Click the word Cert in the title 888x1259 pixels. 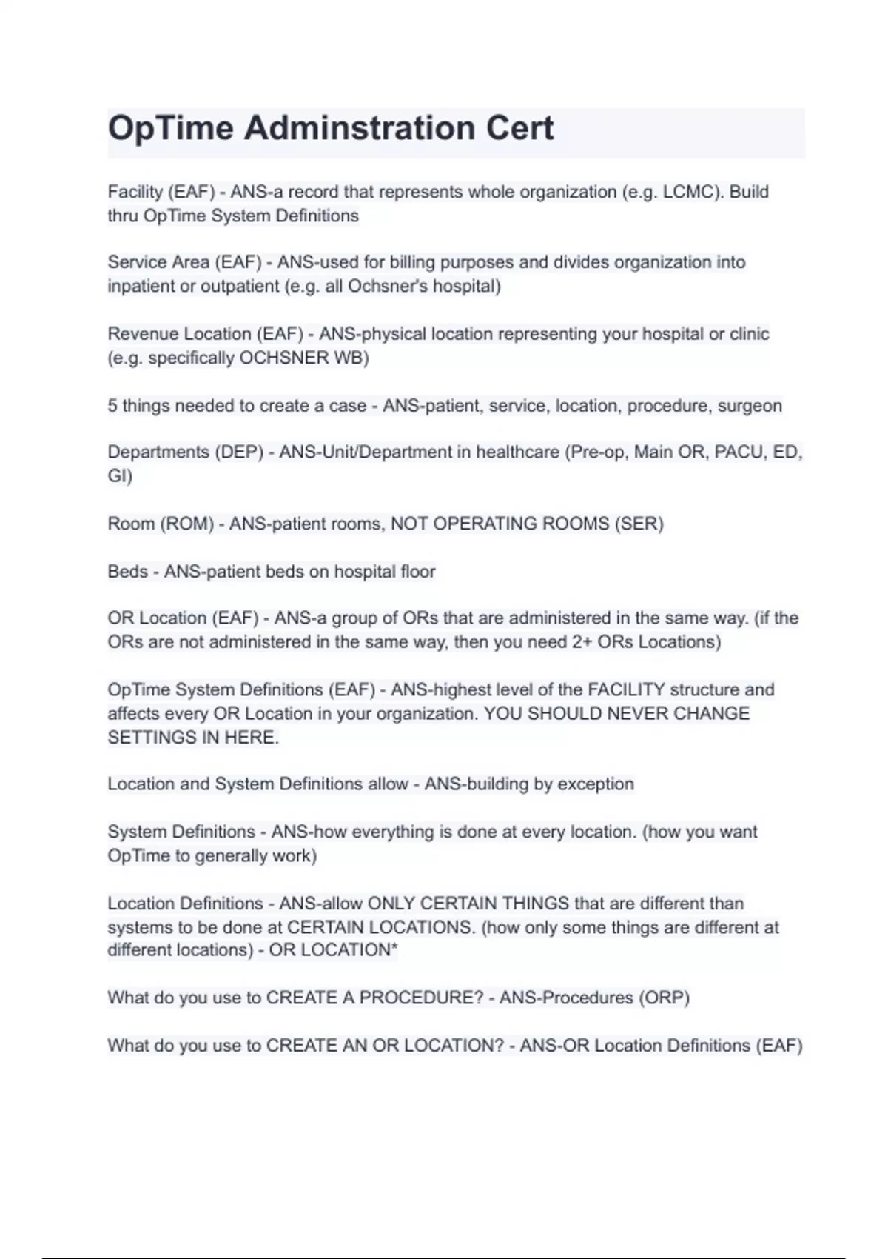(519, 128)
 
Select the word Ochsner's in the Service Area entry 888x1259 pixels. (387, 286)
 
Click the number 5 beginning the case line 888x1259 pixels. (112, 406)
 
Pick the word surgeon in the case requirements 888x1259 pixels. (750, 406)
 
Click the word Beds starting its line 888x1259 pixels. (127, 572)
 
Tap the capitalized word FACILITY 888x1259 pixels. (626, 689)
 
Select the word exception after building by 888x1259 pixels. (599, 784)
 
